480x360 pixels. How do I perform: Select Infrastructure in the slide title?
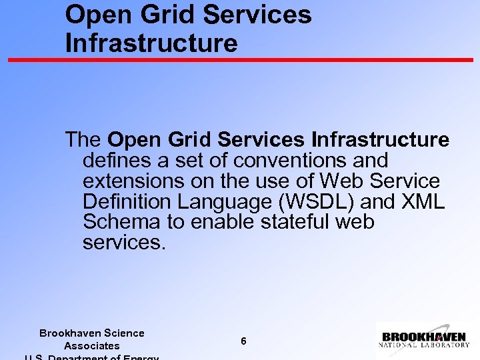(x=151, y=43)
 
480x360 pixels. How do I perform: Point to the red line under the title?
(x=240, y=59)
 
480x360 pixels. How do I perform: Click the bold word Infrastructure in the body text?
(x=380, y=140)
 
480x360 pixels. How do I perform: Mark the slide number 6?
(x=243, y=341)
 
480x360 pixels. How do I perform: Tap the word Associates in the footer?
(x=91, y=346)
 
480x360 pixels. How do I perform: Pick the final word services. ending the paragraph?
(x=123, y=243)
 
